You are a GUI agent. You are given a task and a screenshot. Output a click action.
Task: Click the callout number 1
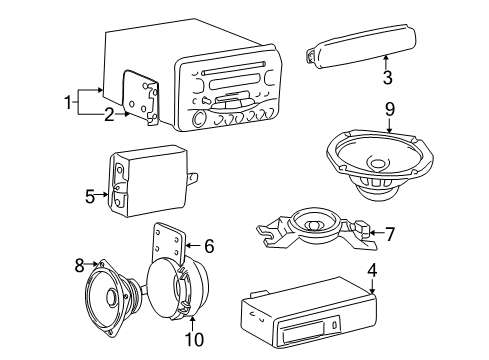[x=69, y=101]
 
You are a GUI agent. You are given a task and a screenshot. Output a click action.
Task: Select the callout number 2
[x=109, y=113]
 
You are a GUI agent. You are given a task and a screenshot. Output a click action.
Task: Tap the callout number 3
[x=386, y=76]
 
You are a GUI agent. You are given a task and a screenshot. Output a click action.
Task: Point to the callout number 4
[x=371, y=269]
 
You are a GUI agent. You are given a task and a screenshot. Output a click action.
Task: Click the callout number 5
[x=90, y=196]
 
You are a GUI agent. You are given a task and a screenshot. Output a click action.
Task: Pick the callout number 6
[x=209, y=245]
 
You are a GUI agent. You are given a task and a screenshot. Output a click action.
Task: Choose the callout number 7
[x=390, y=234]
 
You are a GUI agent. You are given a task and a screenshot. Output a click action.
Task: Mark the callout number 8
[x=79, y=266]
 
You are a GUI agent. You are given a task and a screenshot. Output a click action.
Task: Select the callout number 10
[x=195, y=340]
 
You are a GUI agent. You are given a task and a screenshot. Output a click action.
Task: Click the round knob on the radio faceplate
[x=198, y=120]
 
